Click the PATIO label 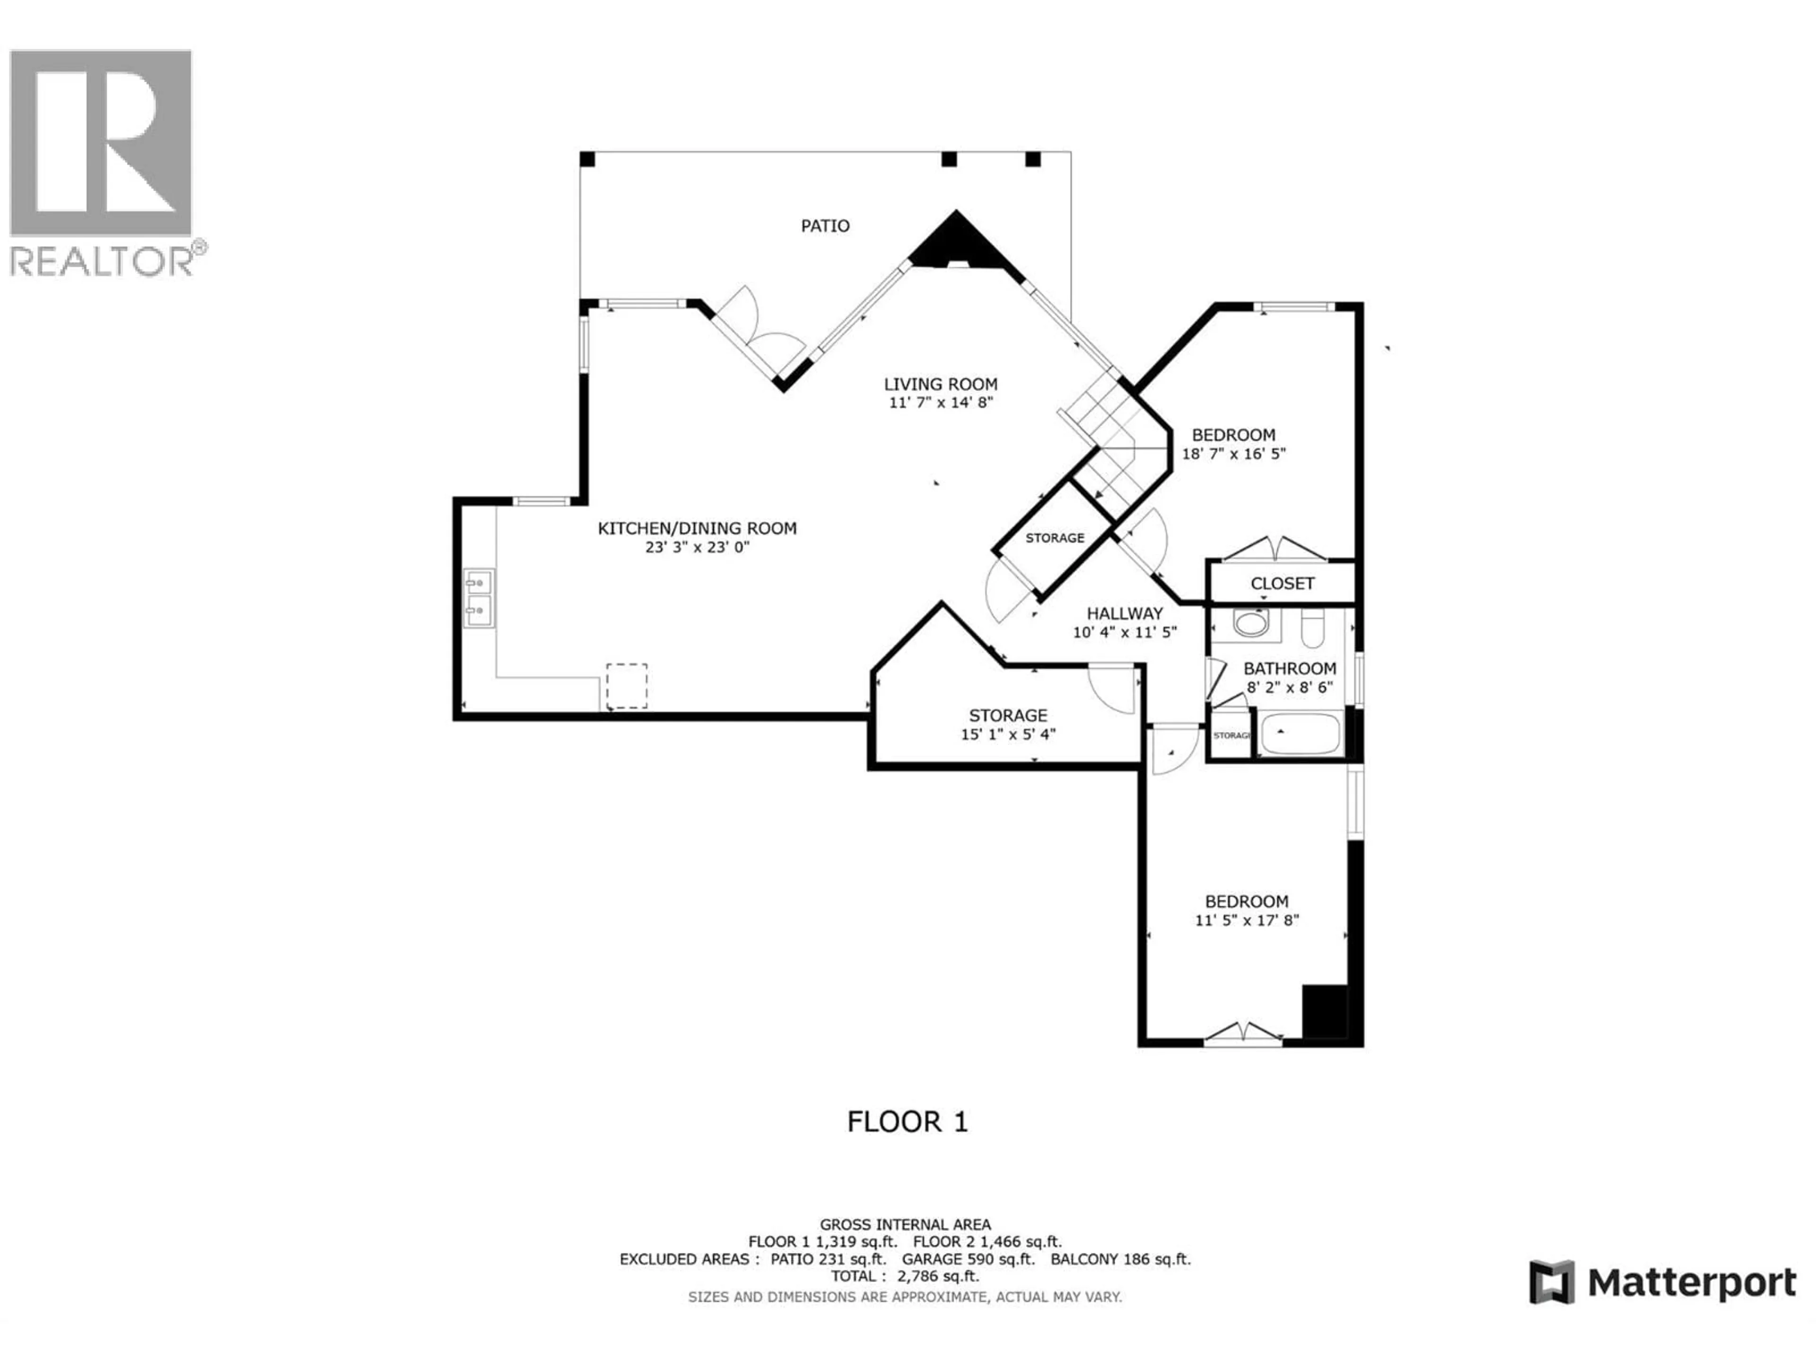point(825,226)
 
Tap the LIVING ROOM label point(941,384)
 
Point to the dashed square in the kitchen point(627,686)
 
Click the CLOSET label point(1283,584)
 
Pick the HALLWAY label point(1125,613)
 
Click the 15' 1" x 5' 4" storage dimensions point(1008,734)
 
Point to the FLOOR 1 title point(907,1121)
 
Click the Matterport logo point(1662,1283)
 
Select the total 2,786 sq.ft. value point(937,1276)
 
